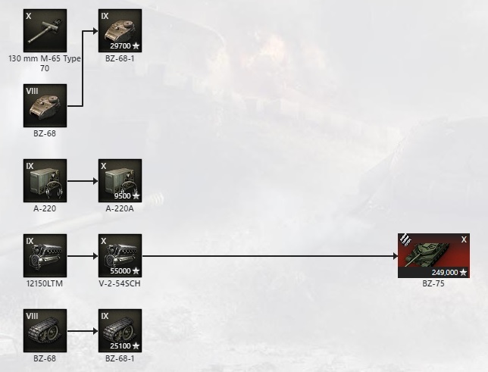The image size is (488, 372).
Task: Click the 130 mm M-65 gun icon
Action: click(45, 30)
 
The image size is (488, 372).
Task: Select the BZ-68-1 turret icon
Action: click(120, 30)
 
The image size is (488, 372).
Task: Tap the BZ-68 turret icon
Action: click(45, 105)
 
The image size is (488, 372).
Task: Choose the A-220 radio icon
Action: click(45, 180)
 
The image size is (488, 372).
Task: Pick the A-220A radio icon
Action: click(120, 180)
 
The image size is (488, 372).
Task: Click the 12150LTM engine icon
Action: click(45, 255)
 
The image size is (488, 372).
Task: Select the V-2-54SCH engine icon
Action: click(120, 255)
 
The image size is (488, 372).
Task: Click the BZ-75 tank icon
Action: click(433, 255)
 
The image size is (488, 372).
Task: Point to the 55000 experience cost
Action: click(121, 270)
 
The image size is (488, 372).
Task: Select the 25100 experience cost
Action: click(121, 345)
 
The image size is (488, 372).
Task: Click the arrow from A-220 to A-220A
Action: click(82, 181)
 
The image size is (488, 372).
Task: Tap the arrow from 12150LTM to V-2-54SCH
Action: click(82, 256)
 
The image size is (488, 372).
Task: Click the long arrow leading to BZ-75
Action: click(269, 256)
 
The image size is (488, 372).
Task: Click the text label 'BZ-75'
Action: click(433, 284)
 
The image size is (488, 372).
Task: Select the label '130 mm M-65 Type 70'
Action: click(45, 63)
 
